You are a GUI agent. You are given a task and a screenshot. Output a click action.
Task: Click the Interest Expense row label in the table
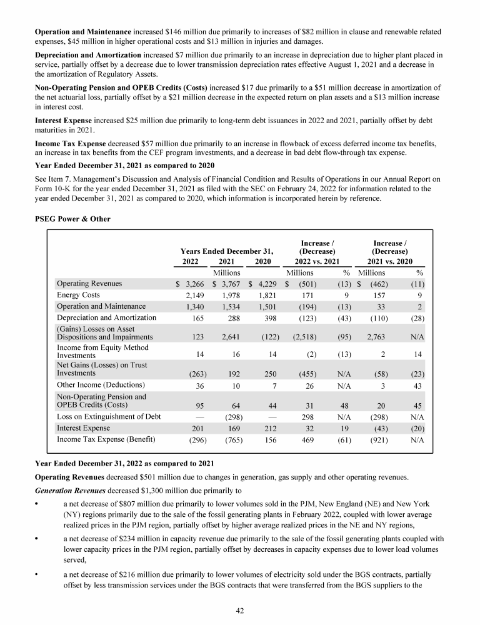click(84, 428)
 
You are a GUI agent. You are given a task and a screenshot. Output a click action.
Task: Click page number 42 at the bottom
click(240, 609)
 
